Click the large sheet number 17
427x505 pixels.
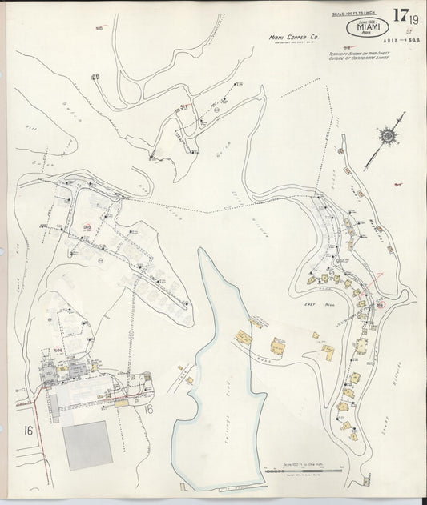[400, 15]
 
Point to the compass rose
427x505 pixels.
[388, 137]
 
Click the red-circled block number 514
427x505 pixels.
[381, 304]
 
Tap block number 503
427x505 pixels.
[87, 226]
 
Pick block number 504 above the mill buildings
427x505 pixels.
[58, 350]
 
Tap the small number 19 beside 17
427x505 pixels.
[414, 20]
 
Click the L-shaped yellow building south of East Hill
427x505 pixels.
[280, 347]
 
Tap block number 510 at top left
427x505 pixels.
[99, 28]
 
